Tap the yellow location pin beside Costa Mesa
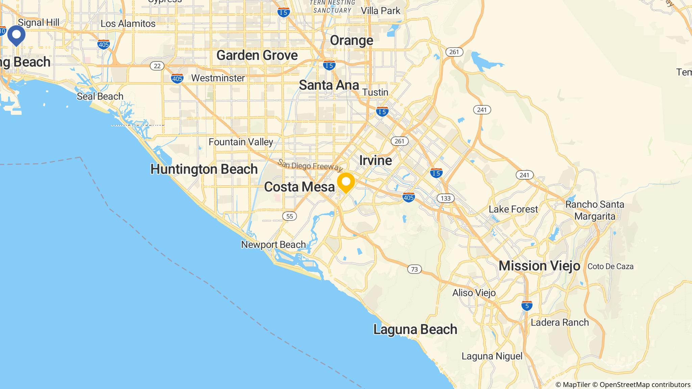point(346,182)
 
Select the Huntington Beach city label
point(204,169)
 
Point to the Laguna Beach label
point(415,329)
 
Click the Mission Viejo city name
point(539,266)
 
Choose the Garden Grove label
point(257,55)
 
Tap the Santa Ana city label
point(329,85)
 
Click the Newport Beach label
point(273,244)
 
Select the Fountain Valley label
point(241,142)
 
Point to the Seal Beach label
point(100,97)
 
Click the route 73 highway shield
point(414,269)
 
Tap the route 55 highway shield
point(290,216)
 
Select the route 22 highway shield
point(157,66)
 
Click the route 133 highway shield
point(446,198)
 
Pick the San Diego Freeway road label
point(310,165)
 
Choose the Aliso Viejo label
point(474,293)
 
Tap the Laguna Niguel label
point(492,356)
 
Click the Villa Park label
point(380,11)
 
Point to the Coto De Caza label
point(611,266)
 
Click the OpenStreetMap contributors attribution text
point(645,385)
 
